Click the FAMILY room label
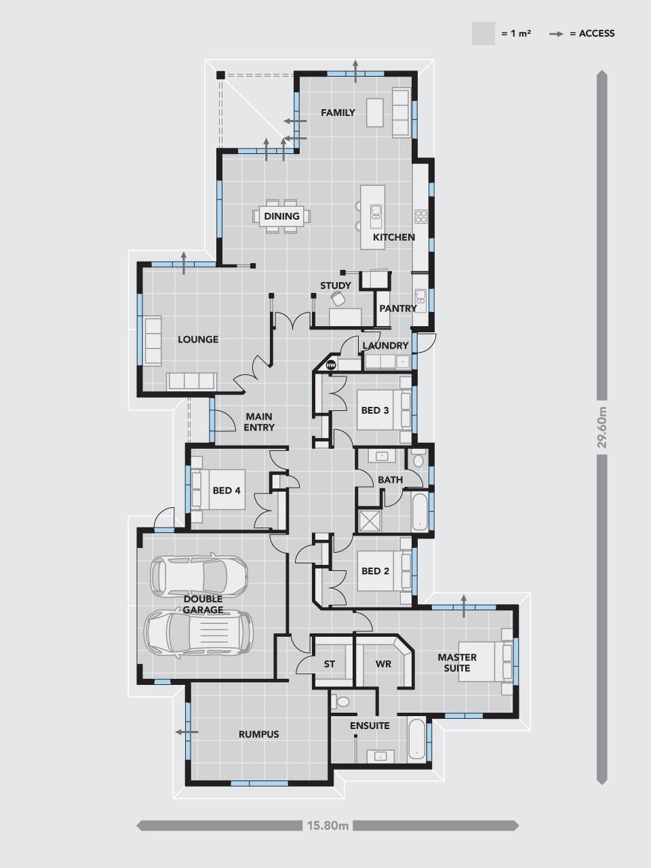pyautogui.click(x=338, y=113)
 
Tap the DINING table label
pyautogui.click(x=281, y=216)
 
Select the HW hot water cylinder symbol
pyautogui.click(x=331, y=365)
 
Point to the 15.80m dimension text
pyautogui.click(x=328, y=825)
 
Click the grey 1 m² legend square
pyautogui.click(x=484, y=34)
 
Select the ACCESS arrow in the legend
pyautogui.click(x=557, y=34)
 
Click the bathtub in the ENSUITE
pyautogui.click(x=418, y=741)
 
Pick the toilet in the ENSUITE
pyautogui.click(x=342, y=701)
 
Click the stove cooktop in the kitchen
pyautogui.click(x=420, y=216)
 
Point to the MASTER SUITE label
pyautogui.click(x=457, y=663)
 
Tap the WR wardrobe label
pyautogui.click(x=383, y=664)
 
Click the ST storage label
pyautogui.click(x=329, y=664)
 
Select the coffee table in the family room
pyautogui.click(x=376, y=113)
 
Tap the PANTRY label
pyautogui.click(x=398, y=308)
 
